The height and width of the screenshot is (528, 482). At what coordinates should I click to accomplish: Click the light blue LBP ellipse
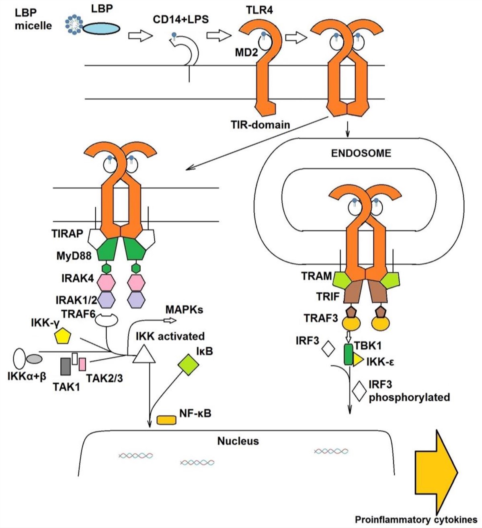tap(102, 28)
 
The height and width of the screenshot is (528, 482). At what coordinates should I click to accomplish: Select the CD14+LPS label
tap(181, 19)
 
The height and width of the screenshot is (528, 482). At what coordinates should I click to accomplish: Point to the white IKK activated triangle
tap(144, 354)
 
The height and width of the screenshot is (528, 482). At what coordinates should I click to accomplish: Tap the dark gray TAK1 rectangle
tap(66, 366)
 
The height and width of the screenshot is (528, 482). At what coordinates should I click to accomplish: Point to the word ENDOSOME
tap(361, 153)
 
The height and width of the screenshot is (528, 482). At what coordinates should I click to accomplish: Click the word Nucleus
tap(238, 441)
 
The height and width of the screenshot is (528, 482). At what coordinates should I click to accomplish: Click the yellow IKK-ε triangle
tap(357, 361)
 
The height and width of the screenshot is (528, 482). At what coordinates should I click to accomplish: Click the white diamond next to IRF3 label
tap(328, 348)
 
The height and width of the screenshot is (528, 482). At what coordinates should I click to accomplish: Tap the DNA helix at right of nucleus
tap(330, 452)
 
